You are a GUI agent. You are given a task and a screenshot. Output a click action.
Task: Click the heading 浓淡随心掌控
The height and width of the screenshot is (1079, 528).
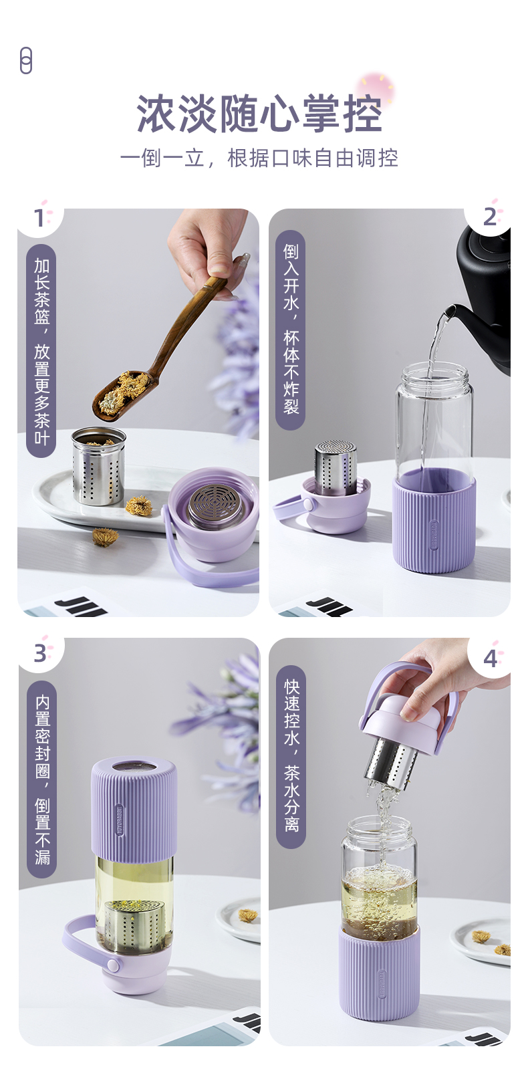pos(259,114)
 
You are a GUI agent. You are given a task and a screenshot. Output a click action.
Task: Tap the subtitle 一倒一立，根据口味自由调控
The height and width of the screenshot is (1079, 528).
pos(259,158)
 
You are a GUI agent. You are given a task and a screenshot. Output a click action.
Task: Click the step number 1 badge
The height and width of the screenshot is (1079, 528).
pos(39,218)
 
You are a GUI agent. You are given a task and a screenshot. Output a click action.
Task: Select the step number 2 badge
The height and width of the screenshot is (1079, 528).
pos(489,217)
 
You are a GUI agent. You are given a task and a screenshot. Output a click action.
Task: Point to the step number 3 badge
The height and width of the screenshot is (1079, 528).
pos(41,653)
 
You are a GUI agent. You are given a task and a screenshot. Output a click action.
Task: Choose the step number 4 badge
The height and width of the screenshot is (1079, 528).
pos(490,658)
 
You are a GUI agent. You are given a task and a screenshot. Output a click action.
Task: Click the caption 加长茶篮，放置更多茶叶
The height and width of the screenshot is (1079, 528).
pos(42,351)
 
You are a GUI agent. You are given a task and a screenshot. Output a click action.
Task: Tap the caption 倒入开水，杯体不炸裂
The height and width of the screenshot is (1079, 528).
pos(291,330)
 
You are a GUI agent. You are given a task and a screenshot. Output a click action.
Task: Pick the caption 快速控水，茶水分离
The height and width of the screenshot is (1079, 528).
pos(291,757)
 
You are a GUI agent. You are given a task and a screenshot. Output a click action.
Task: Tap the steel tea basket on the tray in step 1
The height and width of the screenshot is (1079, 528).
pos(98,465)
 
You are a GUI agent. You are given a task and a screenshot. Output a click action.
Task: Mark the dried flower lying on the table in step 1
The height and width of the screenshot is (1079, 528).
pos(106,537)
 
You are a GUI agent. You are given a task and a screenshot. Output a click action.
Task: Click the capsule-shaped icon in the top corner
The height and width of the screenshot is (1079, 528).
pos(26,60)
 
